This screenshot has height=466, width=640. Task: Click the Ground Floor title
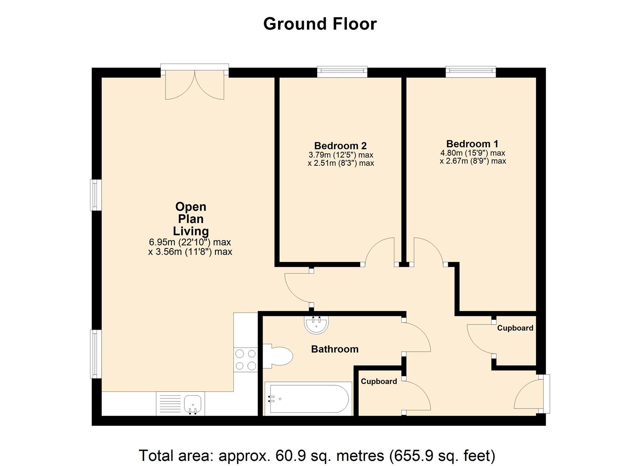320,24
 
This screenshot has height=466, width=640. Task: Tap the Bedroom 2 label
340,146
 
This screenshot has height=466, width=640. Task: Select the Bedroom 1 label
472,144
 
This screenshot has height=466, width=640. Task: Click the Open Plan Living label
190,219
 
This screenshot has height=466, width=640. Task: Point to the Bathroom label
334,349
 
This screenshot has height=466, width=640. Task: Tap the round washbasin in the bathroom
317,324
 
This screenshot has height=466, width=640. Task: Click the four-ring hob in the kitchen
245,360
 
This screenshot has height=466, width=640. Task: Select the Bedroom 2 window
342,72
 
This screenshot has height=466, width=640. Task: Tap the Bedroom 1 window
471,72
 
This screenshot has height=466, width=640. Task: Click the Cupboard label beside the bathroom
379,381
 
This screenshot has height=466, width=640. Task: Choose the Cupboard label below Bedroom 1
515,328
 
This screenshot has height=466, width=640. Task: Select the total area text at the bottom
317,455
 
